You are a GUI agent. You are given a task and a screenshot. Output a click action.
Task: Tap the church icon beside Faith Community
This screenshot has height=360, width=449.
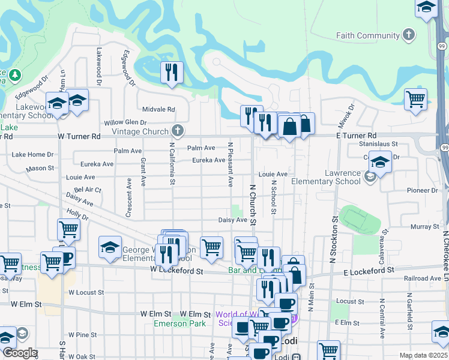tap(409, 34)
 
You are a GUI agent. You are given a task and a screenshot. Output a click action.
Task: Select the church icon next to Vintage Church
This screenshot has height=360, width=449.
tap(177, 130)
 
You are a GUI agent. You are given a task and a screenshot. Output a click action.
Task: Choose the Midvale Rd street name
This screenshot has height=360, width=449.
tap(158, 110)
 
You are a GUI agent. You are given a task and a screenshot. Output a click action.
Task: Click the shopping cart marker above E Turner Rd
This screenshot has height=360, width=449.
tap(415, 100)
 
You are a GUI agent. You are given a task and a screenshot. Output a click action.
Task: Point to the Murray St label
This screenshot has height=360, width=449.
tap(426, 227)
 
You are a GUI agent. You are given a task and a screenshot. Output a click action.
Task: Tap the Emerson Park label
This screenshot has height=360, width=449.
tap(180, 324)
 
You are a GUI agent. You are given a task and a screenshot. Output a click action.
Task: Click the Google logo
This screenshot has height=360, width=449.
tap(20, 353)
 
